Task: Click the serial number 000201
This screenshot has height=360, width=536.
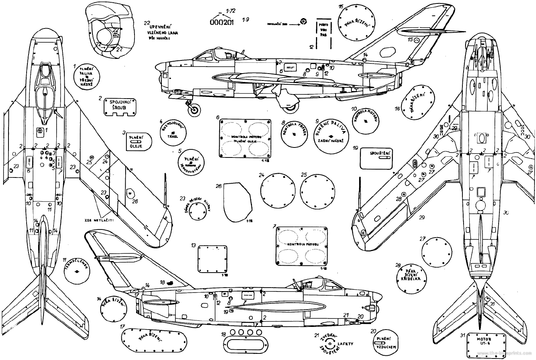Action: (x=221, y=22)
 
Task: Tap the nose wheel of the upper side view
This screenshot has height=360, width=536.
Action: (x=195, y=110)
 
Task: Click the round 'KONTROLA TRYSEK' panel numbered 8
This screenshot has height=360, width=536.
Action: (x=294, y=134)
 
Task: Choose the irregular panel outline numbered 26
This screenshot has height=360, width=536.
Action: (x=237, y=202)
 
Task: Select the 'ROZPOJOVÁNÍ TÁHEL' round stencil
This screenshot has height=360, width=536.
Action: (x=172, y=131)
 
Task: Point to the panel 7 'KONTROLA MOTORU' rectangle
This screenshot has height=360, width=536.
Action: (x=302, y=245)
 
